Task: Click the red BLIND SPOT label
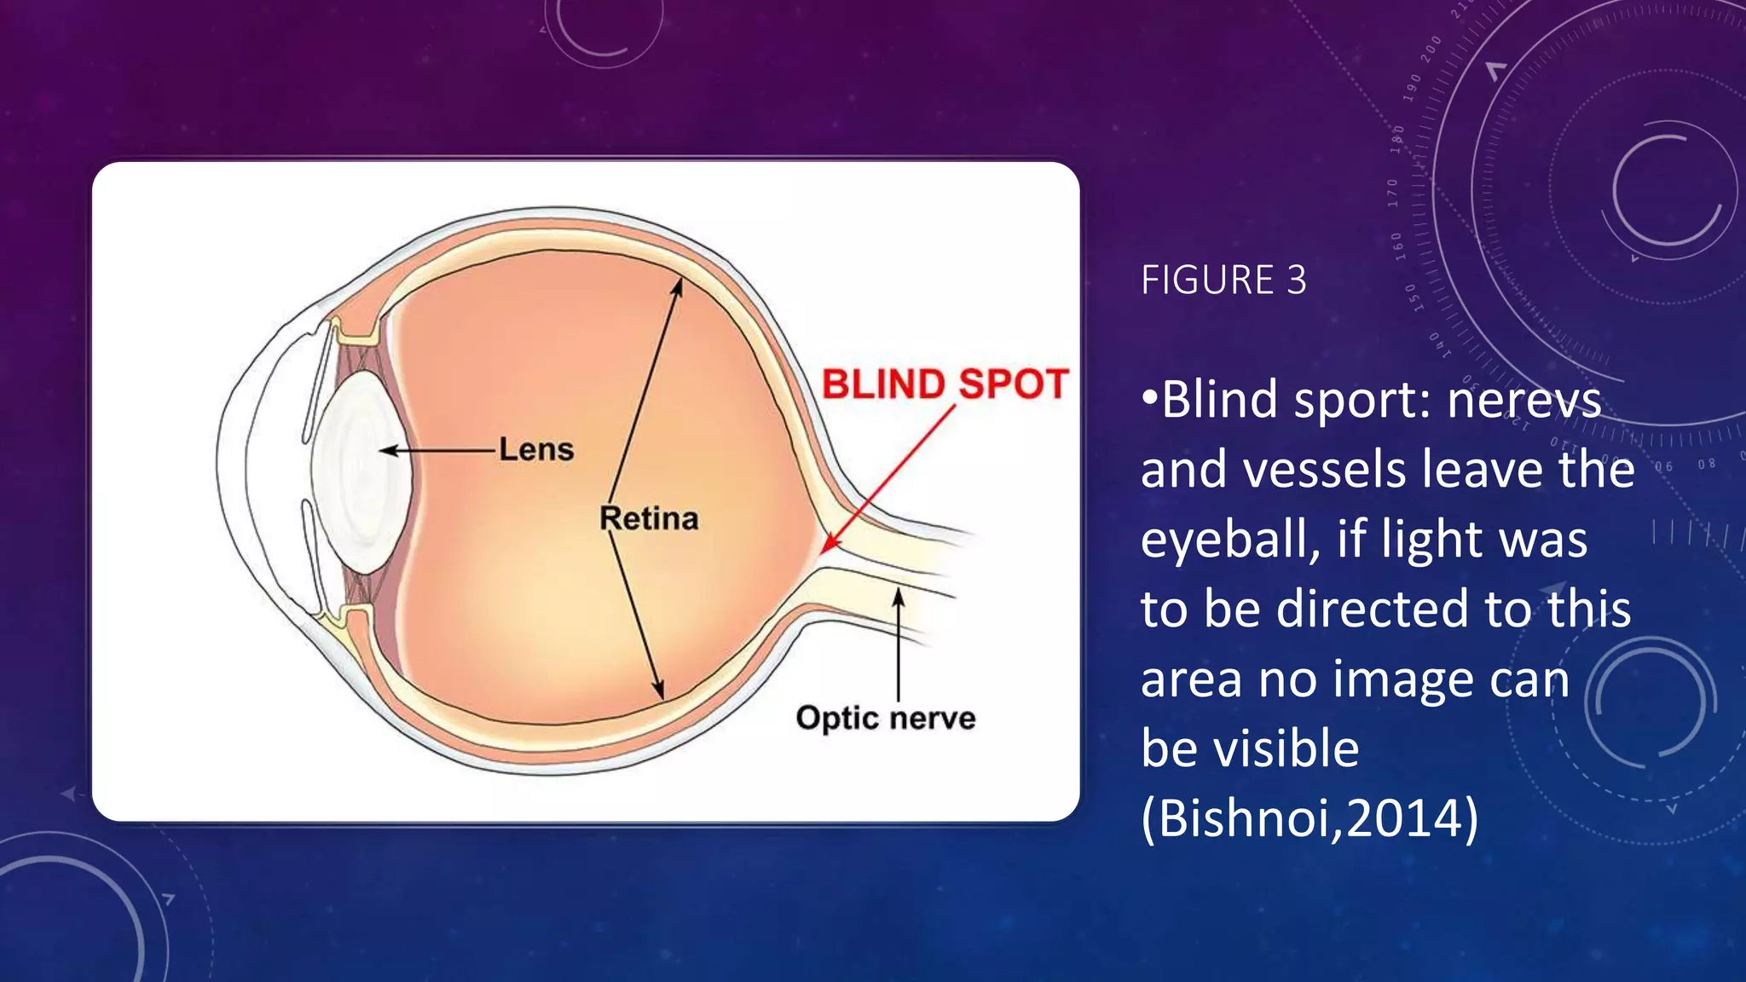945,384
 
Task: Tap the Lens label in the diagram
536,449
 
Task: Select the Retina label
649,518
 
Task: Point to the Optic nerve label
886,718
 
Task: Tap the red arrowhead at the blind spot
830,545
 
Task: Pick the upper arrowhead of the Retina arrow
678,286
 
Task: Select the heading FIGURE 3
1223,280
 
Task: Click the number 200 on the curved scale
1431,48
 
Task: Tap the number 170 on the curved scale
1393,193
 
